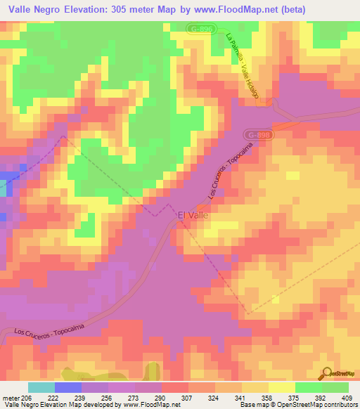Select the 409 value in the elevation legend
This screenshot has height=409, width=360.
349,397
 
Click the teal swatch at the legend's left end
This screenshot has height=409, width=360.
41,387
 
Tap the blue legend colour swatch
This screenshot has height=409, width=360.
67,387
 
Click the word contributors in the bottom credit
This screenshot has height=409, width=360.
338,405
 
